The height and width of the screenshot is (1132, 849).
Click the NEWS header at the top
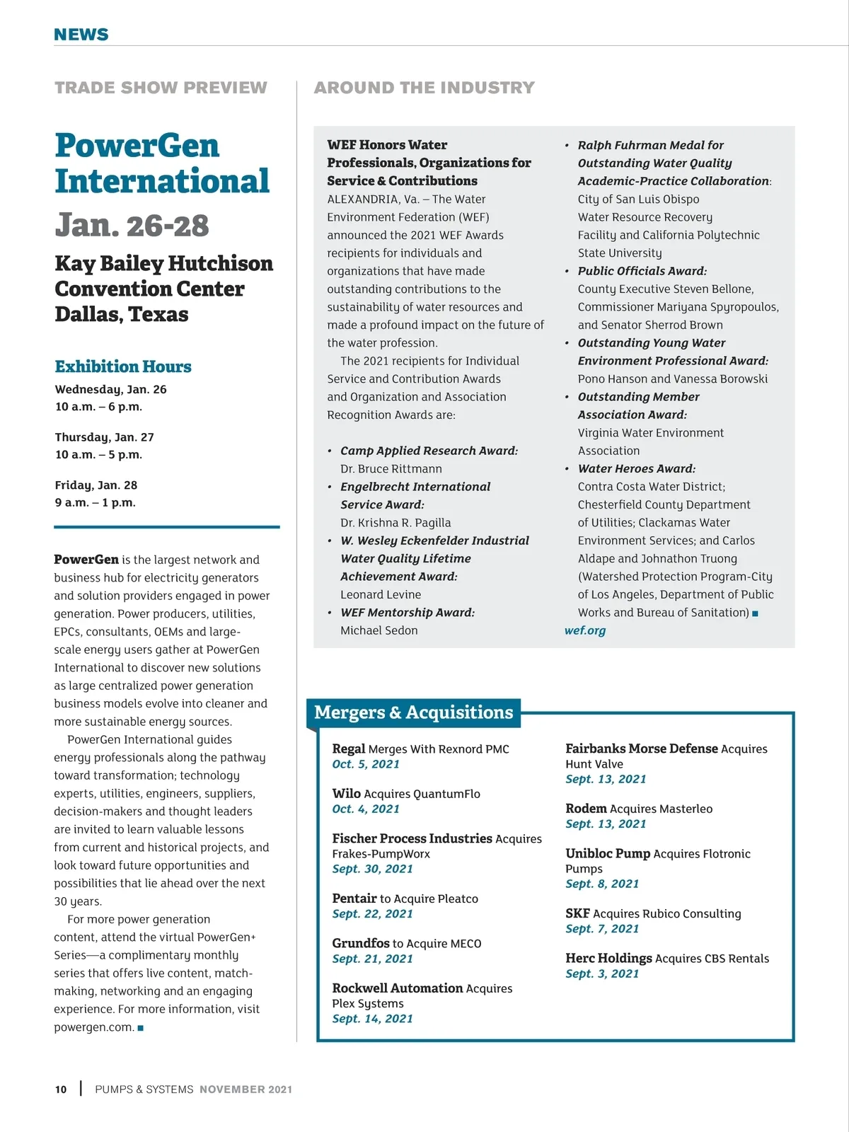click(x=81, y=35)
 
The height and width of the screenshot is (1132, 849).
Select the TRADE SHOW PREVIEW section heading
click(x=161, y=88)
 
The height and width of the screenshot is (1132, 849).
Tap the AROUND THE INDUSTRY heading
click(x=424, y=88)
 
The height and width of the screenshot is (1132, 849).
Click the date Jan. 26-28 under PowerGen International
click(x=132, y=226)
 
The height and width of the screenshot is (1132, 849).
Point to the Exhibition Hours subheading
click(x=123, y=366)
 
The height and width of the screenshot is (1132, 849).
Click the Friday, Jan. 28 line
click(x=96, y=485)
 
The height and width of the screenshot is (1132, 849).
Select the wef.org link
click(x=585, y=630)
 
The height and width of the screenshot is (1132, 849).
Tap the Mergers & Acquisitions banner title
click(x=414, y=712)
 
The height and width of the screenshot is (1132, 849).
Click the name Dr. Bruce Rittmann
click(x=391, y=469)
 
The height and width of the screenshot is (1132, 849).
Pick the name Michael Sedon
click(x=379, y=630)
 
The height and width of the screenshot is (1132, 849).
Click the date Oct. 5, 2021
click(x=366, y=764)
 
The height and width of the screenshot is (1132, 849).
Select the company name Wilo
click(x=347, y=794)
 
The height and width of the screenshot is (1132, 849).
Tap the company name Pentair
click(x=354, y=899)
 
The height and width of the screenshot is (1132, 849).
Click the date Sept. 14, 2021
click(x=372, y=1019)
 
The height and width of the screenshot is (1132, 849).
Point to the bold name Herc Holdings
click(x=608, y=959)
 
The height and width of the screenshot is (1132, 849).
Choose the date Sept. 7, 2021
click(x=602, y=929)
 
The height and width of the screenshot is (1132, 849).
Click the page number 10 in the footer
click(x=61, y=1090)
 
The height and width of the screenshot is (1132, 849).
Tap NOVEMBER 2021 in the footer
click(x=246, y=1090)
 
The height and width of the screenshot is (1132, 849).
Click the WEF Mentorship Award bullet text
click(x=408, y=613)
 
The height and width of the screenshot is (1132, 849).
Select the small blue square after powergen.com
click(x=141, y=1028)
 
